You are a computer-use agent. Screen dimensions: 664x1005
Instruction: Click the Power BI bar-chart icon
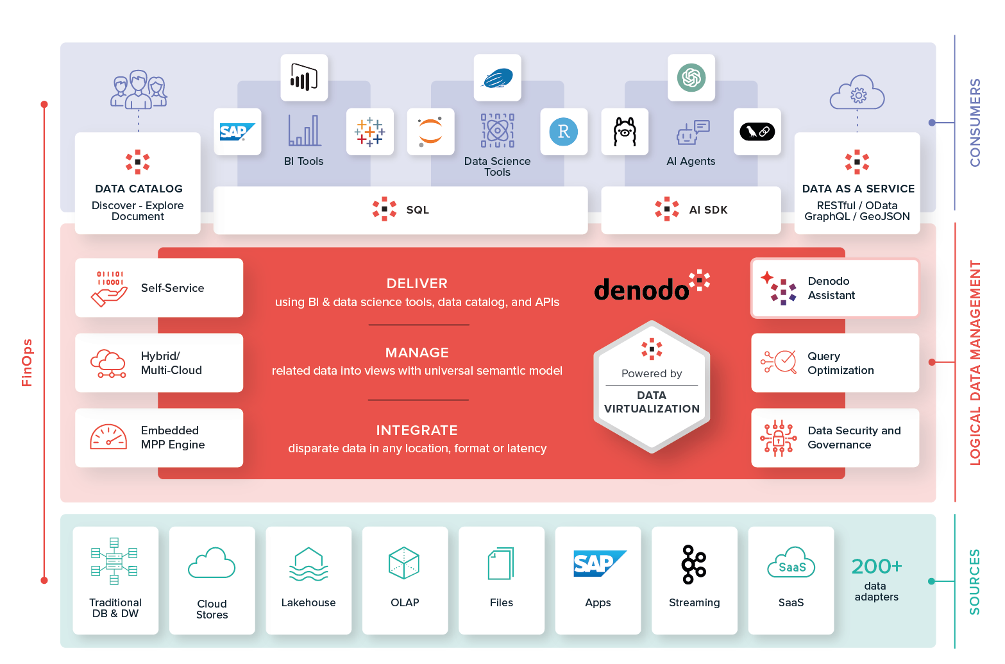click(x=304, y=78)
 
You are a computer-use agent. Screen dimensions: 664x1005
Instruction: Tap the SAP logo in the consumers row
click(x=237, y=132)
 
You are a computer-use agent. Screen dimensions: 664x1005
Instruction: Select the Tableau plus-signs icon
click(x=370, y=132)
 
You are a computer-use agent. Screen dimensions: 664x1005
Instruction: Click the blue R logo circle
click(x=564, y=132)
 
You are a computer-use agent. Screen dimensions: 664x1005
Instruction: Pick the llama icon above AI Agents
click(x=625, y=132)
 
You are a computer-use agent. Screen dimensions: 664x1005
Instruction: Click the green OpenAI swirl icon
click(x=691, y=78)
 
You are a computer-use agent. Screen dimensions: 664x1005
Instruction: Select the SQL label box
click(x=418, y=210)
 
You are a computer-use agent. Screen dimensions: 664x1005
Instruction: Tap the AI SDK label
click(x=708, y=210)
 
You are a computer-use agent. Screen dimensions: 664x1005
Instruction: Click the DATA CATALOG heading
click(x=139, y=189)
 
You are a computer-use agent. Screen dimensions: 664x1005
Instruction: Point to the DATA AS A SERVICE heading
click(x=858, y=189)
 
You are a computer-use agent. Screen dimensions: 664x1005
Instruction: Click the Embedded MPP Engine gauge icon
click(x=108, y=438)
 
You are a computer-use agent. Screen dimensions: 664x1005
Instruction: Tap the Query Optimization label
click(x=840, y=363)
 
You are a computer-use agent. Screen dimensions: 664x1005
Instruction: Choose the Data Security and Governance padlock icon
click(x=778, y=438)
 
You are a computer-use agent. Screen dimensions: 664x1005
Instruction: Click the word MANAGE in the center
click(x=417, y=353)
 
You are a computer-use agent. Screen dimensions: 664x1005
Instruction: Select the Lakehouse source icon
click(x=308, y=564)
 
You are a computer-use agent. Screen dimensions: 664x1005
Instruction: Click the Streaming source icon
click(x=694, y=565)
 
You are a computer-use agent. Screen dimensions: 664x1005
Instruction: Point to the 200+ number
click(x=876, y=566)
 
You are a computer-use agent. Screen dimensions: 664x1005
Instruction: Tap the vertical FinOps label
click(x=27, y=362)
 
